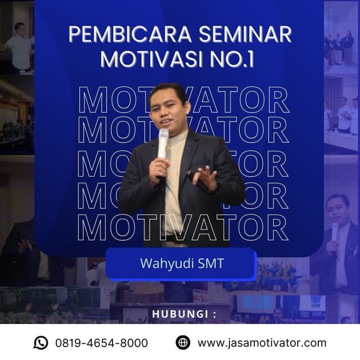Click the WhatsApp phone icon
[x=40, y=343]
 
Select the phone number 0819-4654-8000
[x=101, y=343]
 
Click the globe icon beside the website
[x=183, y=343]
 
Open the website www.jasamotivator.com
[x=262, y=343]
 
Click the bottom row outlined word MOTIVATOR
[x=183, y=228]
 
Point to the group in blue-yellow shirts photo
[x=276, y=276]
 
